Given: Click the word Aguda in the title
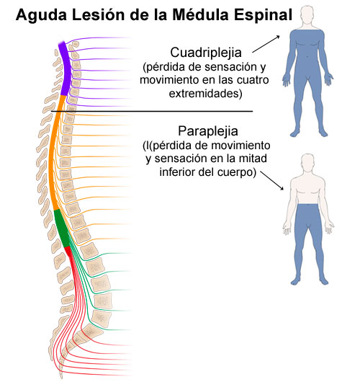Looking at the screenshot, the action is [x=41, y=16].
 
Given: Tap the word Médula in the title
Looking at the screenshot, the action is [x=201, y=14].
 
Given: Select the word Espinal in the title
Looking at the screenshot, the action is [x=263, y=16].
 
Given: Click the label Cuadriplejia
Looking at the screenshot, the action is [x=206, y=53].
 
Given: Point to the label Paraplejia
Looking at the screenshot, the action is [x=208, y=132].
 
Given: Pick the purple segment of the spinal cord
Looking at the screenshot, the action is [x=65, y=68].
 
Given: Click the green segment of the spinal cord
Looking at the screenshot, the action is [x=62, y=228].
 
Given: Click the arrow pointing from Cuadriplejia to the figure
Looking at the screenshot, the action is [x=266, y=44].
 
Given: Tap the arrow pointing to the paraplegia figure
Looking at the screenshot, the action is [x=272, y=180].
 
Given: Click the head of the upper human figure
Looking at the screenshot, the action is [x=307, y=14].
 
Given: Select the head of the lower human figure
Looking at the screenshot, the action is [x=307, y=163].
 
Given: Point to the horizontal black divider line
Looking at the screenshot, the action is [x=152, y=111].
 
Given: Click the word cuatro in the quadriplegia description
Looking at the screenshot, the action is [x=253, y=80].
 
